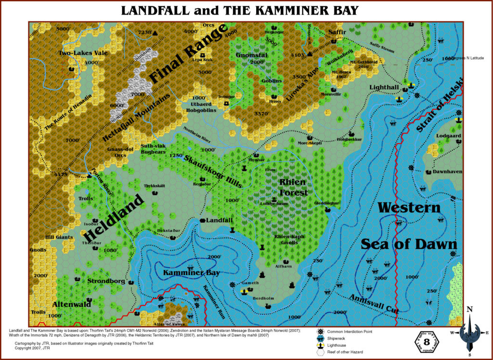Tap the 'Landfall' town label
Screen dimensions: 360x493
[x=219, y=220]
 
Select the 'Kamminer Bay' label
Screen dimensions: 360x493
[x=191, y=273]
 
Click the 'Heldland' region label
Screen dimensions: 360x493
[x=114, y=218]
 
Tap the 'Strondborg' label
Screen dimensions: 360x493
[x=106, y=281]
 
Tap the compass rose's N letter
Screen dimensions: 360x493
[x=470, y=309]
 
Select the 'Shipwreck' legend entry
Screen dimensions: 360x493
[x=340, y=338]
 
